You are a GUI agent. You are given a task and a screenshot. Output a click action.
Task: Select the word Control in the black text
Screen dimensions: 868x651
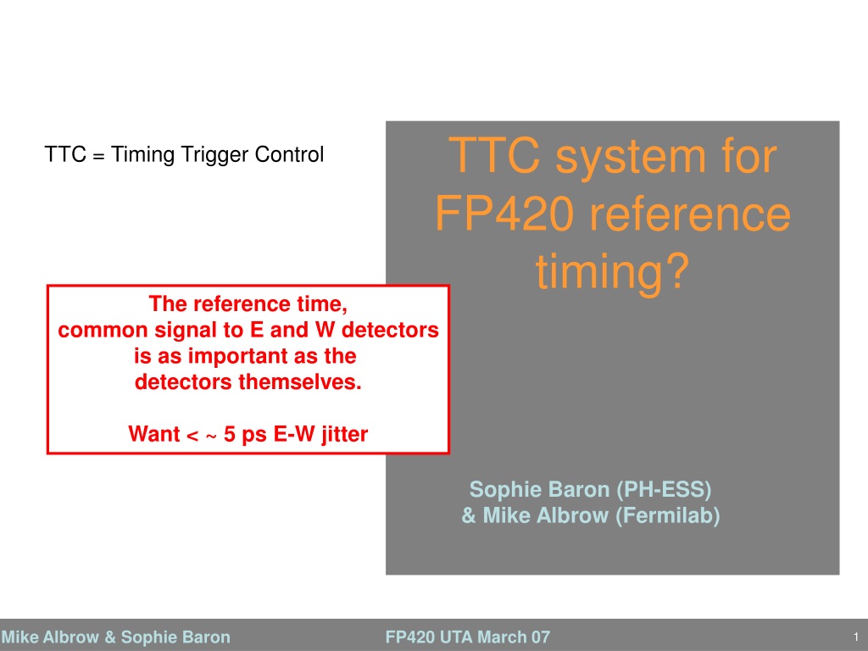289,154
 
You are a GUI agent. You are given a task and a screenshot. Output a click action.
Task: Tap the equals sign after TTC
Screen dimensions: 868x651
98,157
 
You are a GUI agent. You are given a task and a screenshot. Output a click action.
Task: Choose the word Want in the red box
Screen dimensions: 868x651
154,433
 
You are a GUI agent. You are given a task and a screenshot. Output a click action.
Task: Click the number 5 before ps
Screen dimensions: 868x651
229,433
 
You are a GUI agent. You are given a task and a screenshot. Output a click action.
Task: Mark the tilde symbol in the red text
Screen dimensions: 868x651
211,437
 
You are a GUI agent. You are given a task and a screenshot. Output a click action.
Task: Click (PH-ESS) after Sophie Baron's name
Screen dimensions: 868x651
664,489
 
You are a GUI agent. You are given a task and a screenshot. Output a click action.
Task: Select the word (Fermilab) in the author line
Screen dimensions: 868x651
668,515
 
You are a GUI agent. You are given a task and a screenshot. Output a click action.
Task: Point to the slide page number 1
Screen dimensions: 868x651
856,637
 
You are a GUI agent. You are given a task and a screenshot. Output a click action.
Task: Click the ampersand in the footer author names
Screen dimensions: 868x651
110,637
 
